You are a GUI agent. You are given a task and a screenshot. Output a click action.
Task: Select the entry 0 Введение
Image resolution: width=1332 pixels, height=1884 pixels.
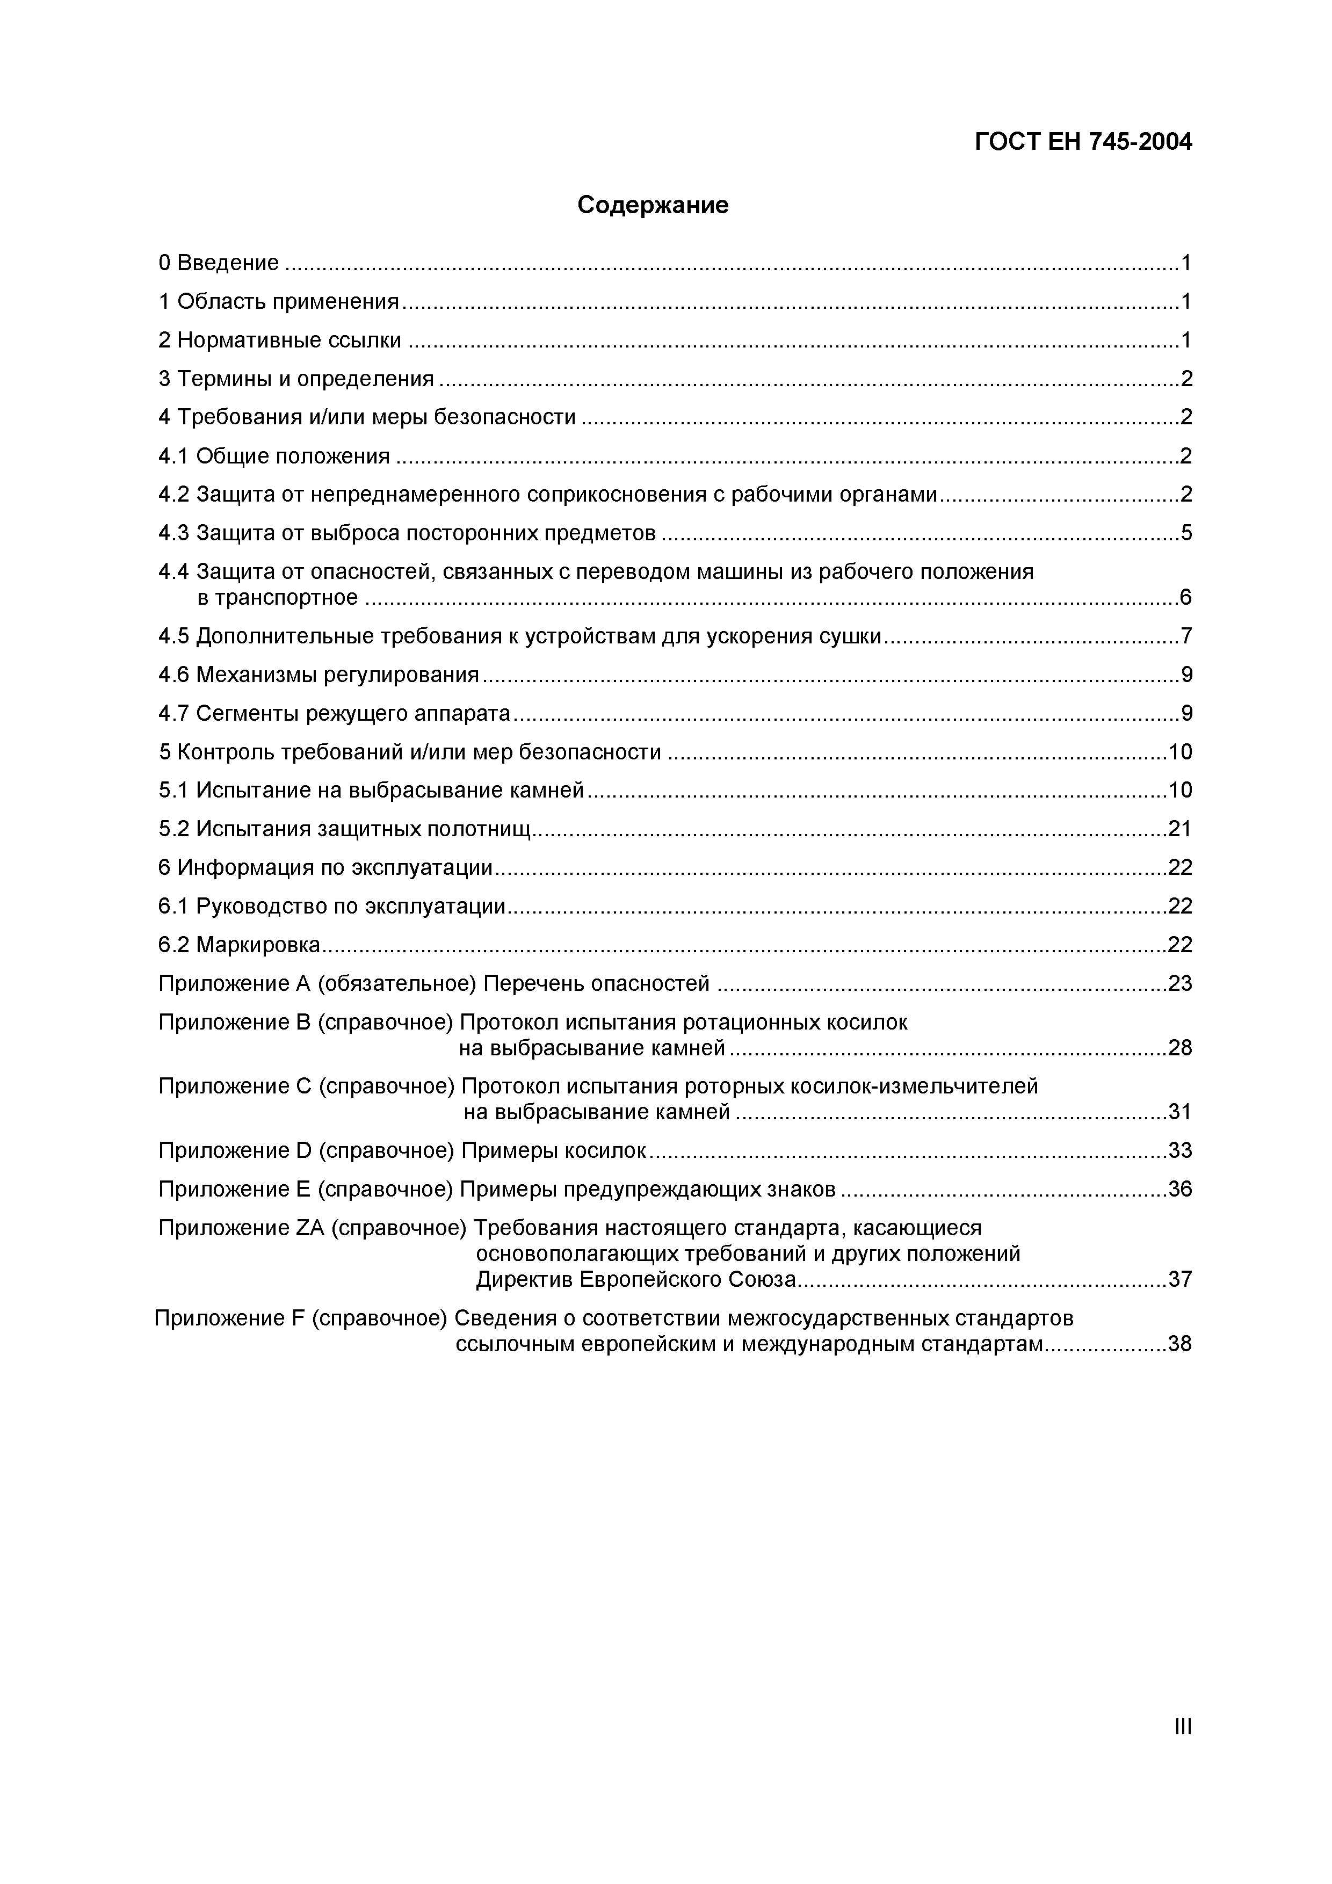pyautogui.click(x=218, y=263)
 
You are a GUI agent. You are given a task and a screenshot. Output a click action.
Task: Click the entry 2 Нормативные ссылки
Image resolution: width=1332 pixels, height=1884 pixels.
pyautogui.click(x=280, y=340)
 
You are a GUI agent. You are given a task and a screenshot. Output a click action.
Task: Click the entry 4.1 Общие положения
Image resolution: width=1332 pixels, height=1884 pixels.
pyautogui.click(x=274, y=455)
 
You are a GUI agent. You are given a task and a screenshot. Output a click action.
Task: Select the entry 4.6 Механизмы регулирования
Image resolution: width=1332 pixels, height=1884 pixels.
pyautogui.click(x=318, y=675)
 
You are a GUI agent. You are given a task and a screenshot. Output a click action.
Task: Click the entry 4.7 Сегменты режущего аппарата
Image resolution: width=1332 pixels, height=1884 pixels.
pyautogui.click(x=334, y=713)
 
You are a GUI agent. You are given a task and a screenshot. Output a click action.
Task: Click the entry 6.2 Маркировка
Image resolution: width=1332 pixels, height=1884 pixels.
pyautogui.click(x=239, y=945)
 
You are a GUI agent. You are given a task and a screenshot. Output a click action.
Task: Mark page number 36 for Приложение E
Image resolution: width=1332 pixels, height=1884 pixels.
pyautogui.click(x=1179, y=1189)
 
